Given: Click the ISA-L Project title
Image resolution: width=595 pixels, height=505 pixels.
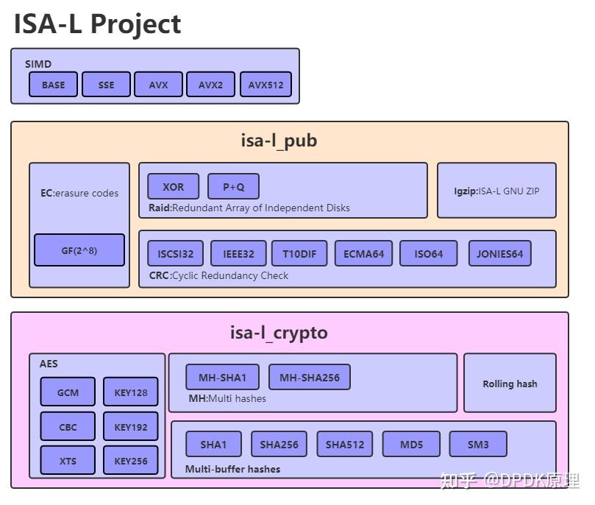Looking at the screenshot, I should (97, 24).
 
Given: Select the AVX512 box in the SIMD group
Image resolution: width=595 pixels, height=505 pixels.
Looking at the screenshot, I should (266, 85).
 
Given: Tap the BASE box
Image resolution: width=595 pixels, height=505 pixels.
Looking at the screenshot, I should (53, 85).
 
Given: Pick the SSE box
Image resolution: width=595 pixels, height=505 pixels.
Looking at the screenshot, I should (106, 85).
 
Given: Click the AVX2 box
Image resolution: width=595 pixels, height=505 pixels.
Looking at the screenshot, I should (210, 85).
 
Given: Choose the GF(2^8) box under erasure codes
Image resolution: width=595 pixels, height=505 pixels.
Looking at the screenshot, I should (79, 250).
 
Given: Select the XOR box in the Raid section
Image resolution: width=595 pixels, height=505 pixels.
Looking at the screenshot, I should (174, 187).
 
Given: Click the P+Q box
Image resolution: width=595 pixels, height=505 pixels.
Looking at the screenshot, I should (233, 187).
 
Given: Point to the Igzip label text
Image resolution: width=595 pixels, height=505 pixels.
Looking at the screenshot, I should (496, 191).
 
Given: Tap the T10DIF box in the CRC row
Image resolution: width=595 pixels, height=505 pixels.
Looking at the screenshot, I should (299, 254).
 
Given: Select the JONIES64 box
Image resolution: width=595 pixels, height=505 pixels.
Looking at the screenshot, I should (499, 254).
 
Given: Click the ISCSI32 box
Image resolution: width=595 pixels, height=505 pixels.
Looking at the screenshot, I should (176, 254).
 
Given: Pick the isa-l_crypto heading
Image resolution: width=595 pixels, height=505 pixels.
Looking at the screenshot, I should (279, 333).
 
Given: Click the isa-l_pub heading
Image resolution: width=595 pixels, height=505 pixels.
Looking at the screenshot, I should (279, 141).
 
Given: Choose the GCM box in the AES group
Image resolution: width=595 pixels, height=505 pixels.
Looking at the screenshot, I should (68, 392).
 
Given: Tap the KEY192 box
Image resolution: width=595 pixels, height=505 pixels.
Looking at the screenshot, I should (131, 427).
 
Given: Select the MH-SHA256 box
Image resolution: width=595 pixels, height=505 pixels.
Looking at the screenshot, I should (309, 378).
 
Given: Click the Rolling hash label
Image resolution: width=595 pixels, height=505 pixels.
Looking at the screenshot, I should (510, 384).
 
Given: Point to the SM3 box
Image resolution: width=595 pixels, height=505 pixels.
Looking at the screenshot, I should (478, 445).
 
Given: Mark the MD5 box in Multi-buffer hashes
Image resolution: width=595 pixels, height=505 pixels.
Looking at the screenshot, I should (411, 445).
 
